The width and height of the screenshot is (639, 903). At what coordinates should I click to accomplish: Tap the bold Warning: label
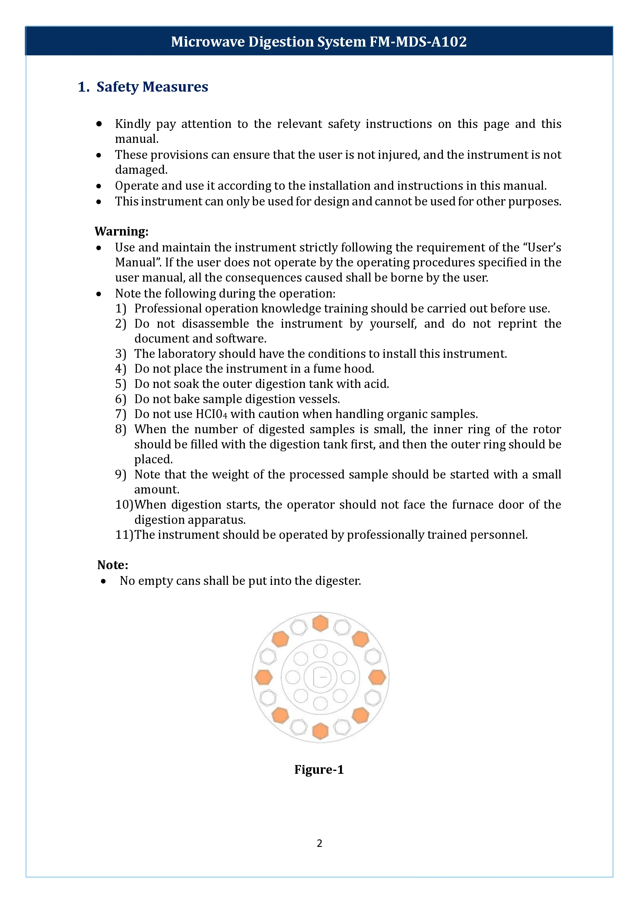coord(122,231)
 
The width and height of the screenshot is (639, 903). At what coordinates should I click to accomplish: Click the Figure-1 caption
coord(319,769)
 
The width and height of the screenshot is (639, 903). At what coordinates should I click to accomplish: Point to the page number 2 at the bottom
coord(319,843)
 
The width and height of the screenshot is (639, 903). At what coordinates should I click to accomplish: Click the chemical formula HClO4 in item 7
coord(211,414)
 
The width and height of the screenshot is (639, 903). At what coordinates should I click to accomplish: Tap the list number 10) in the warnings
coord(124,505)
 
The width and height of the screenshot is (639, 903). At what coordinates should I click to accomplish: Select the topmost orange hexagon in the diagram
coord(320,623)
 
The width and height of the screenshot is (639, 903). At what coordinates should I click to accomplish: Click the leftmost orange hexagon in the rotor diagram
coord(263,677)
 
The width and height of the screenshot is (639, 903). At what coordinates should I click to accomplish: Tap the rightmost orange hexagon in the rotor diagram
coord(377,677)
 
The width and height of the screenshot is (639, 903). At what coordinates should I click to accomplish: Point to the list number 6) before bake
coord(120,399)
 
